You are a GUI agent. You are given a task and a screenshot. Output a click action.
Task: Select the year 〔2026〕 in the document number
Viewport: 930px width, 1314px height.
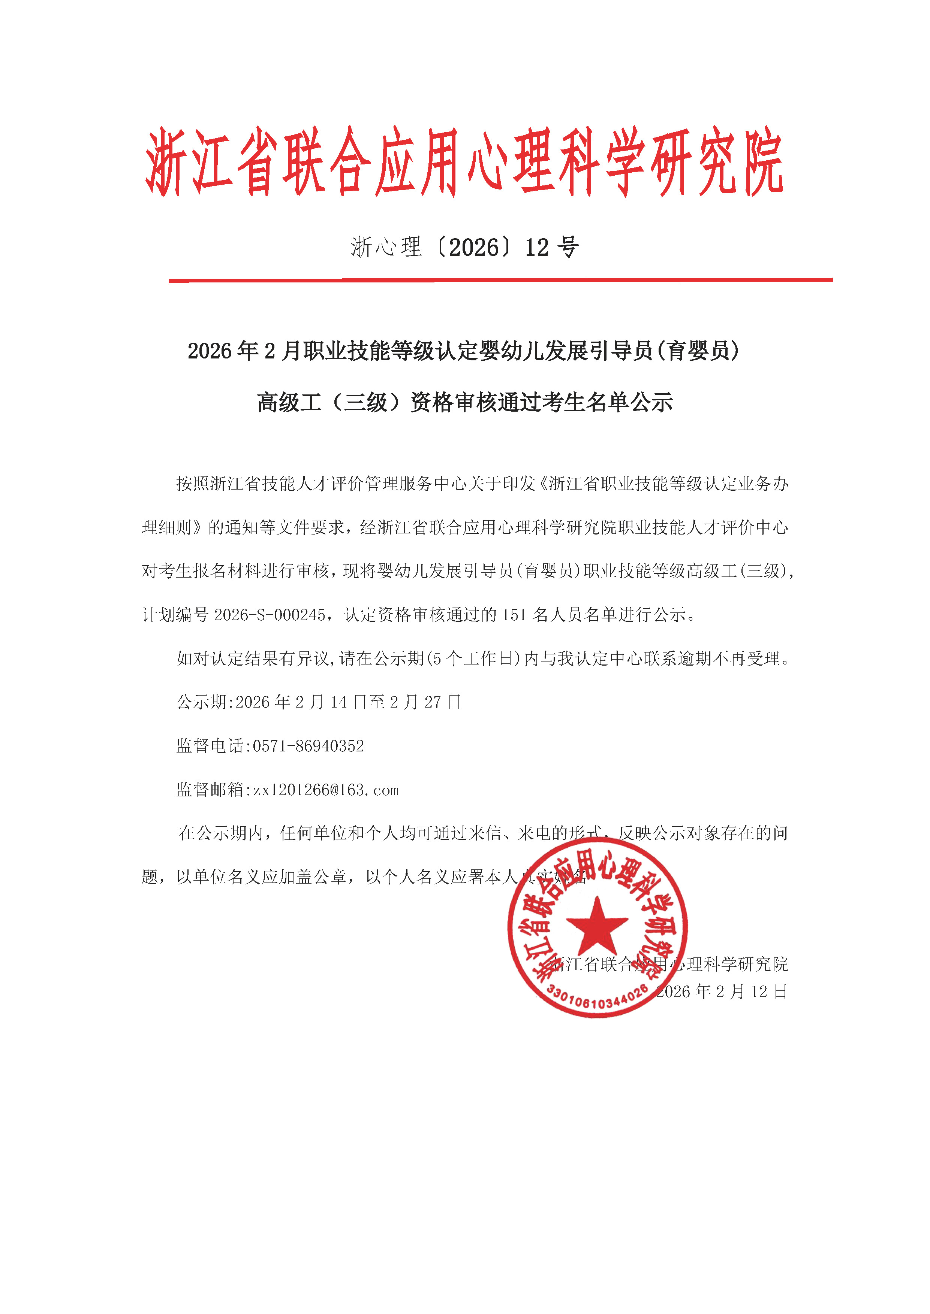[x=473, y=247]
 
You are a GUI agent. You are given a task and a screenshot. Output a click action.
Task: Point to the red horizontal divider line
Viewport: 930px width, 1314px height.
[x=500, y=280]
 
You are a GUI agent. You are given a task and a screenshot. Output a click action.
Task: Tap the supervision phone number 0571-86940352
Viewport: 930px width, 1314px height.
[x=308, y=746]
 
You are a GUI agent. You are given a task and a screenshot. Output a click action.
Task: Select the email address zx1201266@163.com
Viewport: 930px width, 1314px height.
[x=326, y=790]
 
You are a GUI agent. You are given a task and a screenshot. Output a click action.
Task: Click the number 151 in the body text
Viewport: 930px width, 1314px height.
[x=514, y=615]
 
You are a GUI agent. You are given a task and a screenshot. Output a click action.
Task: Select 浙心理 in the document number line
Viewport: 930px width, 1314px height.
[x=386, y=247]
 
